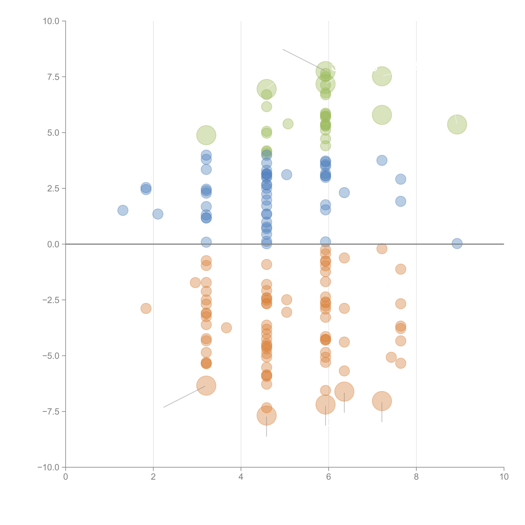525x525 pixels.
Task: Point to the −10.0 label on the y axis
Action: pyautogui.click(x=48, y=467)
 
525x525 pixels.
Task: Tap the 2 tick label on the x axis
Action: pyautogui.click(x=153, y=477)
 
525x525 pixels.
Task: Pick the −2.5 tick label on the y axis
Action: pyautogui.click(x=51, y=300)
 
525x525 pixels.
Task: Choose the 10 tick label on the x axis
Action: pyautogui.click(x=504, y=477)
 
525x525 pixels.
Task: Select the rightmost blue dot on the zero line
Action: pyautogui.click(x=457, y=243)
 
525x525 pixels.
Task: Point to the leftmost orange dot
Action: pyautogui.click(x=146, y=308)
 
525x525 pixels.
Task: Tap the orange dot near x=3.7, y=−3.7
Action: pyautogui.click(x=226, y=328)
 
